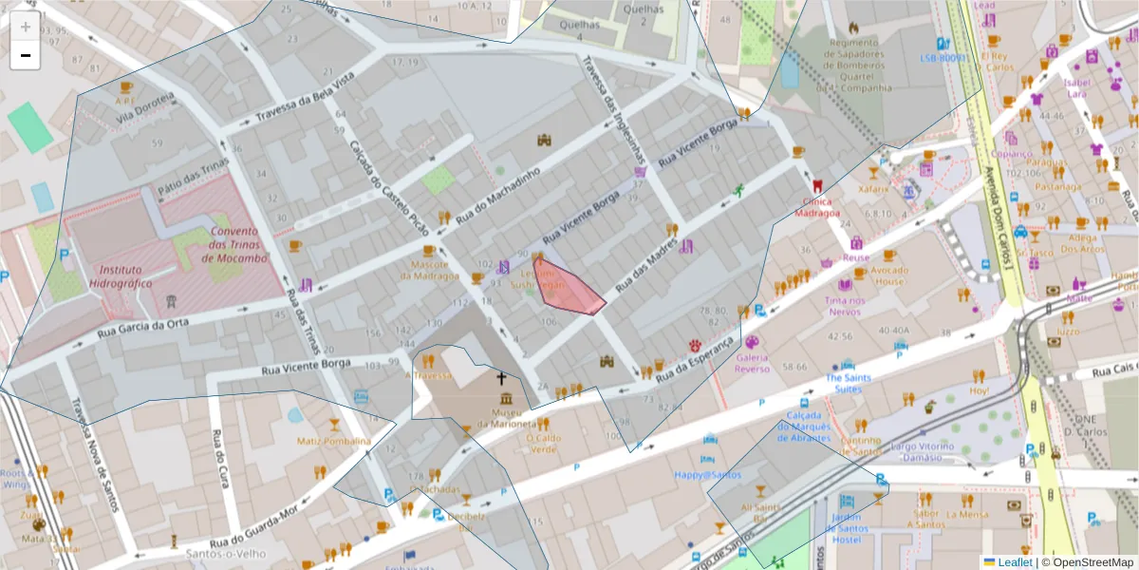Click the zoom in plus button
coord(26,27)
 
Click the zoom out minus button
coord(26,55)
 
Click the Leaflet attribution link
coord(1017,561)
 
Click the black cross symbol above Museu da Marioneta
coord(501,378)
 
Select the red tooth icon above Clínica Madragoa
coord(817,185)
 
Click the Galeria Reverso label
coord(753,363)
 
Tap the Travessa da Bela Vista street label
coord(297,108)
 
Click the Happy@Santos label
coord(707,474)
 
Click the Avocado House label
coord(890,275)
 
